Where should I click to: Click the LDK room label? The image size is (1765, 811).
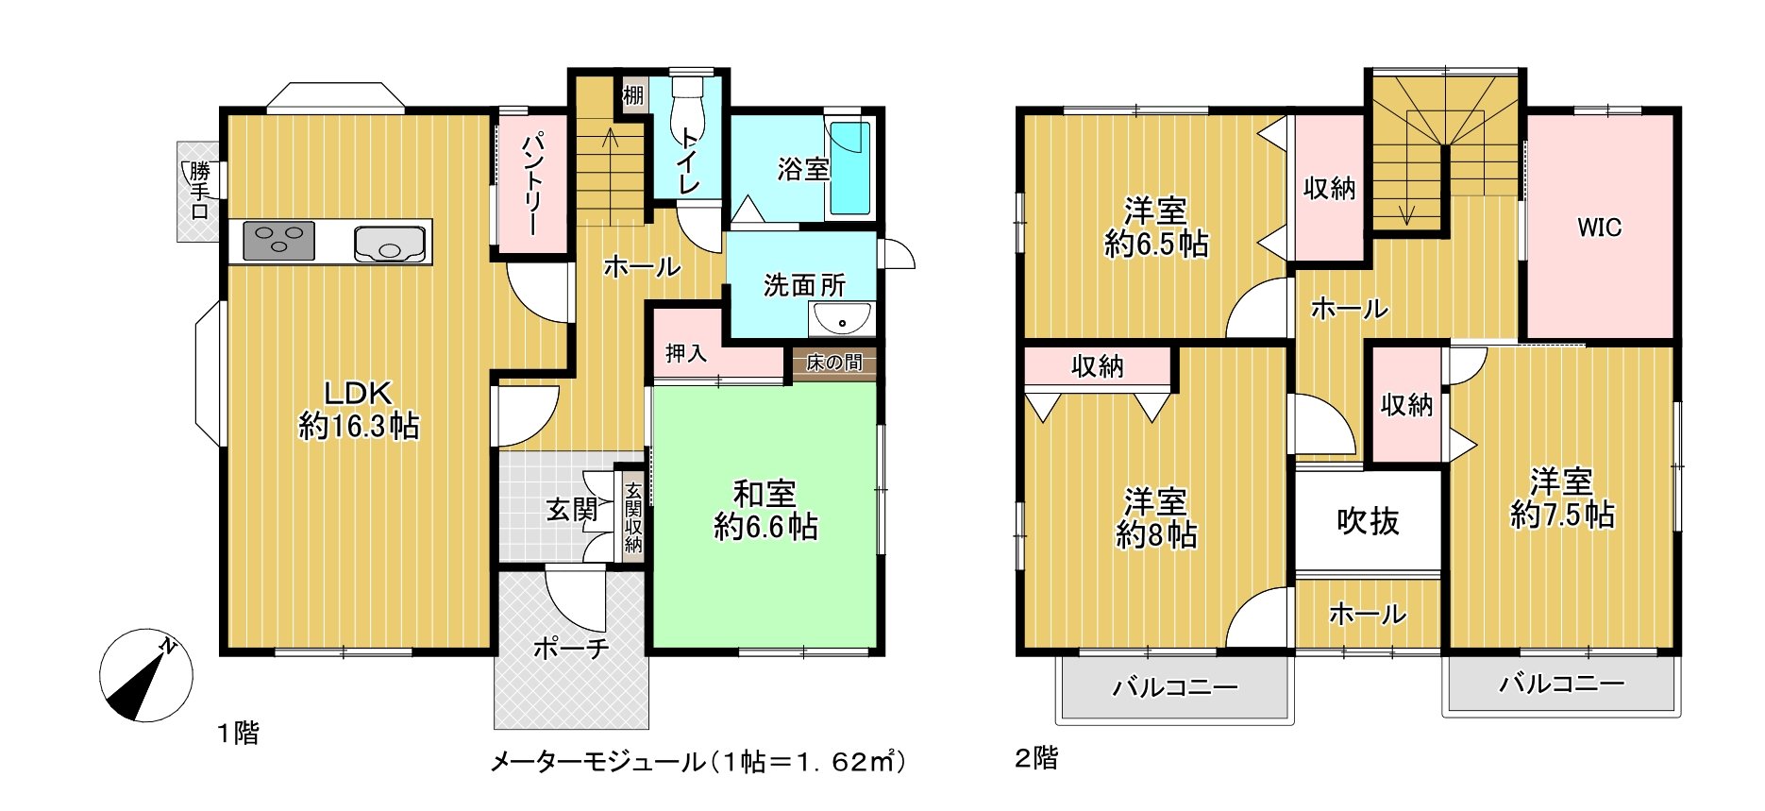tap(358, 409)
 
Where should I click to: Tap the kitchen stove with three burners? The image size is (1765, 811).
tap(278, 241)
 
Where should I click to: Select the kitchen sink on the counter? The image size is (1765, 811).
tap(389, 244)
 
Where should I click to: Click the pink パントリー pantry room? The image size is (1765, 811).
tap(532, 183)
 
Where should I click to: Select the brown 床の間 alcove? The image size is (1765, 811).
tap(833, 363)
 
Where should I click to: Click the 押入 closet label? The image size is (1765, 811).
tap(685, 353)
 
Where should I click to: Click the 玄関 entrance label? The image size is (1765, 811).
tap(572, 511)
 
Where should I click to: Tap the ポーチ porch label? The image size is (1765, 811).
tap(571, 649)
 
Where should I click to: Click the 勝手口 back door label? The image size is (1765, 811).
tap(199, 192)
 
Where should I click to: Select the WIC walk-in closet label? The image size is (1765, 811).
tap(1599, 228)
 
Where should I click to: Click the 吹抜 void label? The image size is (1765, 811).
tap(1368, 520)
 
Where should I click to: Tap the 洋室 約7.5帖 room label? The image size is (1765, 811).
tap(1562, 498)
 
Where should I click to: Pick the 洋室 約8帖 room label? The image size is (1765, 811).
tap(1156, 518)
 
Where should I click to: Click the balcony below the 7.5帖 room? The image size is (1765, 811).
tap(1561, 683)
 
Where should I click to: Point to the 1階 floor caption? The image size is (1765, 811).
tap(238, 733)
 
